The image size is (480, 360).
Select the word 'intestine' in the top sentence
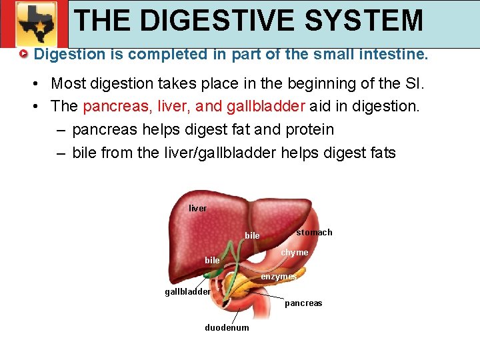point(396,54)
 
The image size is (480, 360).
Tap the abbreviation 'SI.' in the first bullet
point(413,83)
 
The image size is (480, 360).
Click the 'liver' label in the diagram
point(198,209)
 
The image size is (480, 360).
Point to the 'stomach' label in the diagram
point(314,233)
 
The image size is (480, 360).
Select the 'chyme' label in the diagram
point(295,253)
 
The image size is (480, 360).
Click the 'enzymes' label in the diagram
point(279,277)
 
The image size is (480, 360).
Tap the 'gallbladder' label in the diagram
point(188,291)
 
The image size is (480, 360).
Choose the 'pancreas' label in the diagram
point(303,303)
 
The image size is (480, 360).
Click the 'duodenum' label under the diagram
point(227,328)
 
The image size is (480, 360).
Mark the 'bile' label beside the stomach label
point(253,236)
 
